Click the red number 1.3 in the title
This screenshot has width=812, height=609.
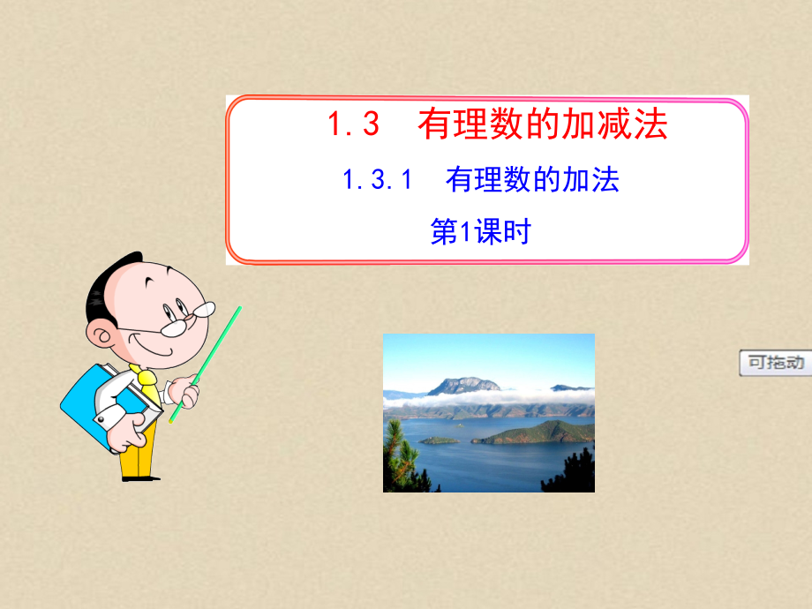(x=354, y=125)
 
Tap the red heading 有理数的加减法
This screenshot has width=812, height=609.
(x=543, y=124)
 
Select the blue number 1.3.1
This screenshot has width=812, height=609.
(x=378, y=180)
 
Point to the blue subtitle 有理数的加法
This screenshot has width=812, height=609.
(x=532, y=180)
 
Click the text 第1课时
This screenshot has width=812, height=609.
(x=479, y=232)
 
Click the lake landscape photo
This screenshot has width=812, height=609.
(x=488, y=412)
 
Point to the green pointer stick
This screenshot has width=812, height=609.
(x=206, y=362)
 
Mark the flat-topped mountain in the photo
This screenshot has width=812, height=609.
(x=463, y=386)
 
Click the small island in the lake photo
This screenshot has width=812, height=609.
(x=439, y=440)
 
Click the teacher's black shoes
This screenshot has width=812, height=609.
(x=141, y=477)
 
